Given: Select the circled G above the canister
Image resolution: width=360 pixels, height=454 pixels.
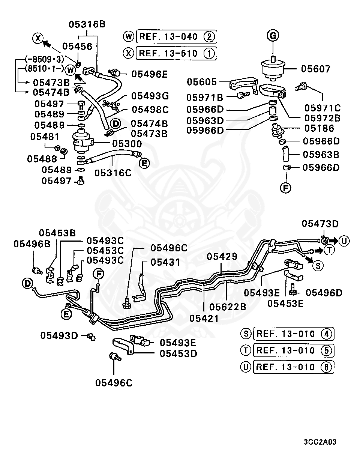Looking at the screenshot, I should click(273, 36).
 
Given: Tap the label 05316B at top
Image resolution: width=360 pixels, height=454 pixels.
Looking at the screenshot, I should click(87, 25).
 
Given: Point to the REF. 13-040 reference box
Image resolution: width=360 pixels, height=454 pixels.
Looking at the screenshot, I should click(176, 37).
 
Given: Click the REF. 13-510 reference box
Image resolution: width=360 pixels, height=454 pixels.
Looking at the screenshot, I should click(176, 53).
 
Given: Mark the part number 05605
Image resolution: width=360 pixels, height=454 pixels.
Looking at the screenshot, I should click(202, 82).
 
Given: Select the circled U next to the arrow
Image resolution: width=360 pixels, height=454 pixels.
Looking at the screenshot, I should click(343, 241).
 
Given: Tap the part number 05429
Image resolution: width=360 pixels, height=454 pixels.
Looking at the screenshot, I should click(222, 257).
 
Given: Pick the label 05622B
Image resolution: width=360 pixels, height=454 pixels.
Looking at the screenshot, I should click(228, 307).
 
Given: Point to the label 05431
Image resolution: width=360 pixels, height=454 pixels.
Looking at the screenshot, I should click(165, 262).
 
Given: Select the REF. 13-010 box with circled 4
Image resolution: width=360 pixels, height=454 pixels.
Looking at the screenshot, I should click(293, 334).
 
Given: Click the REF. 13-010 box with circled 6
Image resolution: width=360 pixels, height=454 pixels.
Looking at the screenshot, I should click(293, 367).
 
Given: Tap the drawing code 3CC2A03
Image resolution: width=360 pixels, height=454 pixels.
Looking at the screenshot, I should click(320, 442).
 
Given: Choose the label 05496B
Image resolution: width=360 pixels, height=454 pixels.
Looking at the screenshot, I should click(32, 244).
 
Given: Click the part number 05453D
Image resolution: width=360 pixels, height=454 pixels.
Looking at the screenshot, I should click(178, 353).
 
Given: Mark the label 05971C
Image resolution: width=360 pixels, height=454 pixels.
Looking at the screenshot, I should click(322, 108).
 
